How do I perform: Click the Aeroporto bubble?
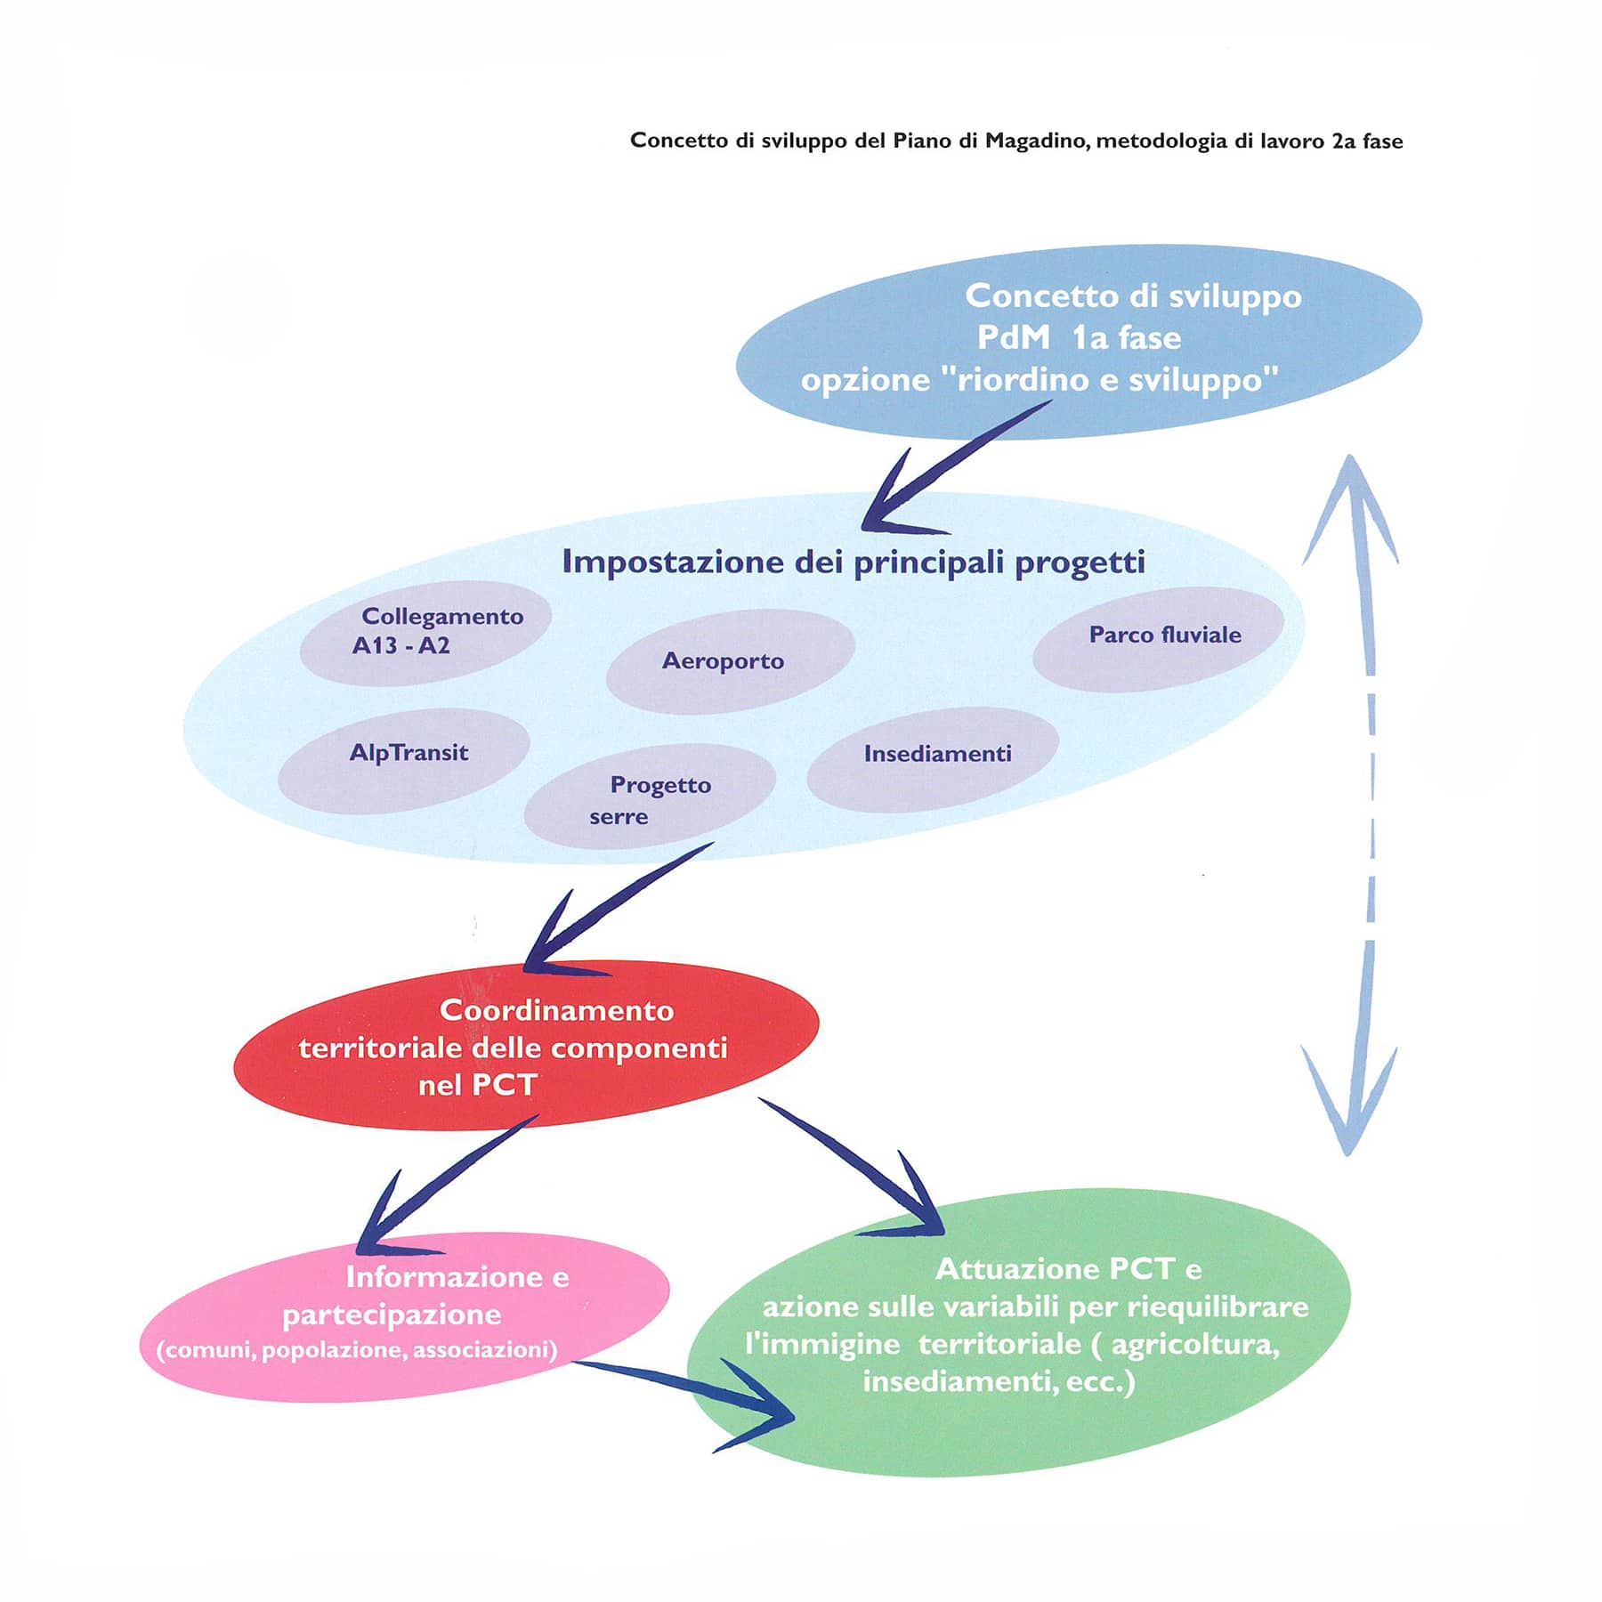pos(730,661)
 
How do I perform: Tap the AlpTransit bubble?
pos(405,759)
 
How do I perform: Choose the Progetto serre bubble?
pos(650,797)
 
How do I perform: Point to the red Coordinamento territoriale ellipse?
pos(525,1047)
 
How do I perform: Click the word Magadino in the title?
pos(1033,141)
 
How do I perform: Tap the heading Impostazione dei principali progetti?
pos(854,562)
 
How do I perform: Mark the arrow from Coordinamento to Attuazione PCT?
pos(854,1166)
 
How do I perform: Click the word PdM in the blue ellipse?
pos(1013,338)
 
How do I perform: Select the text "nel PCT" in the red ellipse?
pos(478,1085)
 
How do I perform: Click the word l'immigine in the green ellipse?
pos(822,1344)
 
